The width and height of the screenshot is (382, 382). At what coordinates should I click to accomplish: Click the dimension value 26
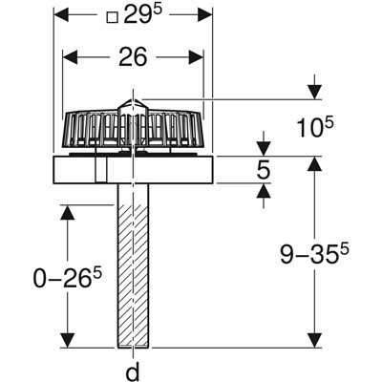click(133, 57)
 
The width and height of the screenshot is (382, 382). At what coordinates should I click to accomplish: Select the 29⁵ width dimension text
click(143, 14)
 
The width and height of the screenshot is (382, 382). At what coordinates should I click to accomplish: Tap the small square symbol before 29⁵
click(112, 17)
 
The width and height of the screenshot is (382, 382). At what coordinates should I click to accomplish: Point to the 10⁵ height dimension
click(314, 127)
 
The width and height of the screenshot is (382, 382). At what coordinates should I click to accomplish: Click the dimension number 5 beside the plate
click(264, 169)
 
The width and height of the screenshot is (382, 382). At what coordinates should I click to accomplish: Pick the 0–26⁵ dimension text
click(68, 278)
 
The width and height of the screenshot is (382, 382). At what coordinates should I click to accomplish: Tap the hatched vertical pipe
click(133, 265)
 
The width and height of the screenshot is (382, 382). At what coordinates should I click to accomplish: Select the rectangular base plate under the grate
click(133, 170)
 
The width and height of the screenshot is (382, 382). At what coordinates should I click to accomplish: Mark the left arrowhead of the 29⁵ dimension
click(61, 15)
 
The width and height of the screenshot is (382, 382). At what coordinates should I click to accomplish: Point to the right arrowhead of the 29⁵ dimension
click(204, 15)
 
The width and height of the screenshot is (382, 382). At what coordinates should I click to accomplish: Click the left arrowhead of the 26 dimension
click(70, 57)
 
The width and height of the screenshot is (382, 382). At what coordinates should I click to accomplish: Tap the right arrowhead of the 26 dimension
click(196, 57)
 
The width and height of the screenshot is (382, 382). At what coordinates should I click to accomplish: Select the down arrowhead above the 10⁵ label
click(314, 92)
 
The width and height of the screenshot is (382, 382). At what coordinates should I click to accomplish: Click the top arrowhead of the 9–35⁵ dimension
click(314, 164)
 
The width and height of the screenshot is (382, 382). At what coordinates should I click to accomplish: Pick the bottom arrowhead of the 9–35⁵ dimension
click(314, 340)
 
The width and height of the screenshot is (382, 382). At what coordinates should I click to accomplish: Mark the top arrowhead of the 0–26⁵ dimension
click(68, 213)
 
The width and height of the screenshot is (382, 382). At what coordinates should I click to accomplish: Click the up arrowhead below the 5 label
click(264, 192)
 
